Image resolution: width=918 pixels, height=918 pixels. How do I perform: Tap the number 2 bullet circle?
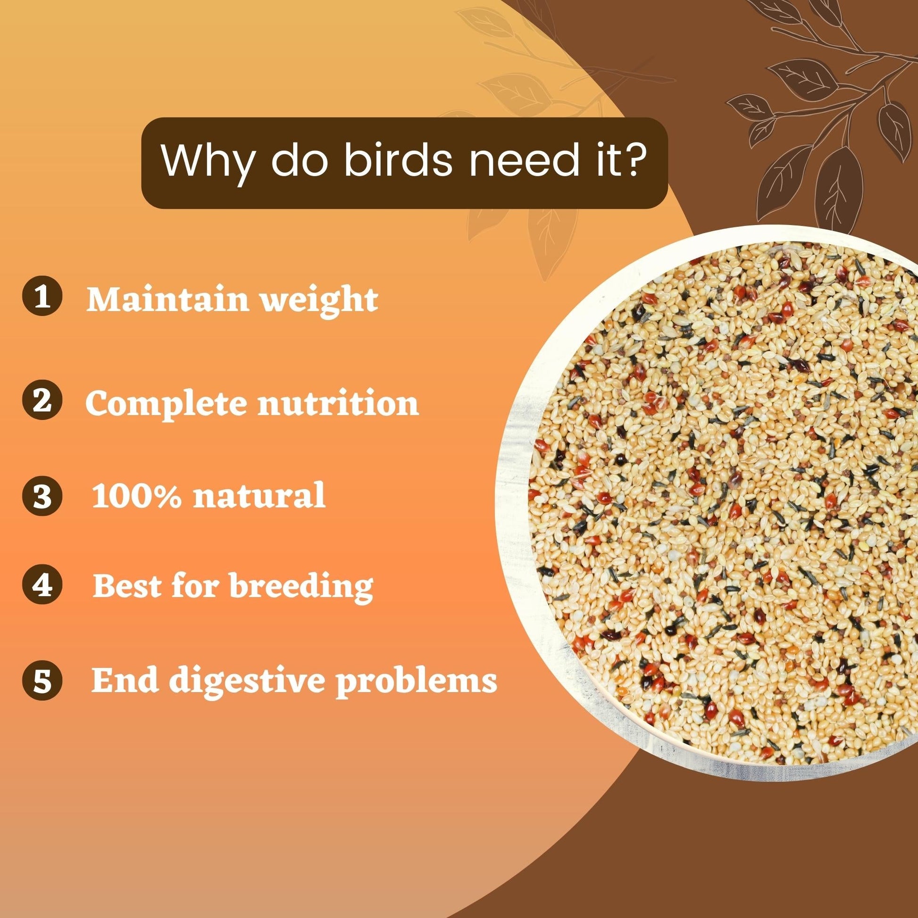coord(43,401)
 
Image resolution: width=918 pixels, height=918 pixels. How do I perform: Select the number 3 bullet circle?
coord(43,496)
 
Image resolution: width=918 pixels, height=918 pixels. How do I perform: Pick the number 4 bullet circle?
coord(43,585)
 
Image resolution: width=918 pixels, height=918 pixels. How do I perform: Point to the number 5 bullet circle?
coord(43,680)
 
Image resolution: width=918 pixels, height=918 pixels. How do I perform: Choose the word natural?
coord(259,495)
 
